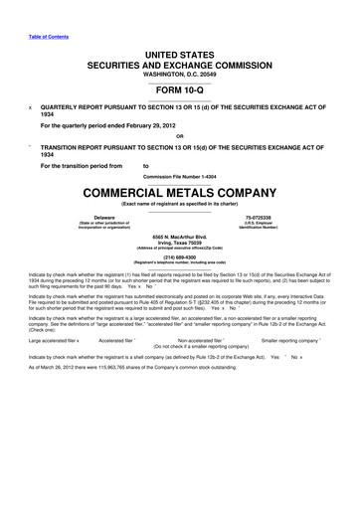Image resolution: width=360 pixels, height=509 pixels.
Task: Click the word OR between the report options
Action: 180,137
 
